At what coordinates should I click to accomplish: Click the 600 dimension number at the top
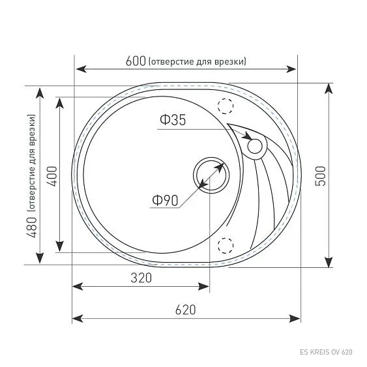(135, 61)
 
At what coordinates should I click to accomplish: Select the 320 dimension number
(141, 278)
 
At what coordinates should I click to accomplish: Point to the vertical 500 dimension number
(320, 175)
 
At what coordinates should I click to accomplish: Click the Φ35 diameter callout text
(172, 120)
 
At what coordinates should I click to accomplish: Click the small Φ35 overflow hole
(256, 146)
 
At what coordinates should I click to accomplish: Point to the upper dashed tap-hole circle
(226, 105)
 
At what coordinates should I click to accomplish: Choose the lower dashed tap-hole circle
(226, 246)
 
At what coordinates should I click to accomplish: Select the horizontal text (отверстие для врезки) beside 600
(197, 61)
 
